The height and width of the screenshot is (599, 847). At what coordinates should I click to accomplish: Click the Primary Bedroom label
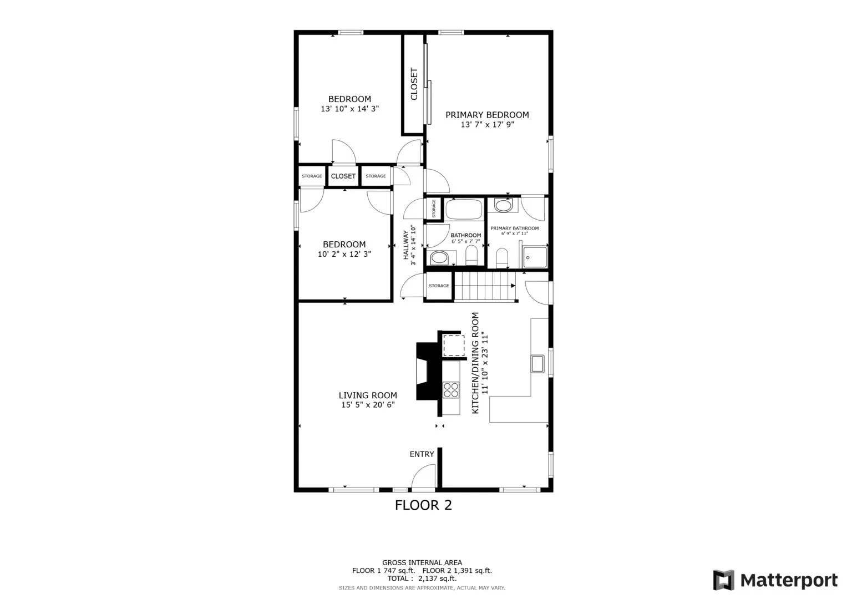[487, 115]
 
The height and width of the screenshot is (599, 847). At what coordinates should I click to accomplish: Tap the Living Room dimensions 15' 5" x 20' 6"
[368, 405]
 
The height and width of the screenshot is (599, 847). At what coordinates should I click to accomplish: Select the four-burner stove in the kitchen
[451, 390]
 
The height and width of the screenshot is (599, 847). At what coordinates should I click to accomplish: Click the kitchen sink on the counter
[537, 364]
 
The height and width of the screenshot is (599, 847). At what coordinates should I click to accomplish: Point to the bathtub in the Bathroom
[464, 209]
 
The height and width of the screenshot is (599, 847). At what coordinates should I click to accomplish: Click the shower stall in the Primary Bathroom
[535, 257]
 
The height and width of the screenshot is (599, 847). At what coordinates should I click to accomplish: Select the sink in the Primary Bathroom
[503, 206]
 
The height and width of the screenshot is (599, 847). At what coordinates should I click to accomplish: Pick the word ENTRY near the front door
[422, 454]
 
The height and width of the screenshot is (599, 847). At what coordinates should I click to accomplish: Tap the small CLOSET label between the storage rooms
[343, 176]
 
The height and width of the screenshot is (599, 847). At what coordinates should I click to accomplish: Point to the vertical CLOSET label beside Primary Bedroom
[414, 84]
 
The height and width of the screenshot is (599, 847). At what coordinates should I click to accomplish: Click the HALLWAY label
[406, 245]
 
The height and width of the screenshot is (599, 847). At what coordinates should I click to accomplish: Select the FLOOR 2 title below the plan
[424, 505]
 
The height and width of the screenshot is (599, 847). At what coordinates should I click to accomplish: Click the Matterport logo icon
[724, 580]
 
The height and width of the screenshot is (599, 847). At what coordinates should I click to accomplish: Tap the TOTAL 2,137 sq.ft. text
[422, 578]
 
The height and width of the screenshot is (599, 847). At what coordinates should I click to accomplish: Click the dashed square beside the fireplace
[454, 345]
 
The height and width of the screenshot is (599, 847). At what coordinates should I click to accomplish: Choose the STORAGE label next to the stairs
[439, 286]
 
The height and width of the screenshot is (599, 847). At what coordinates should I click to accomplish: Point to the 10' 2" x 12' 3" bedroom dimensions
[344, 254]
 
